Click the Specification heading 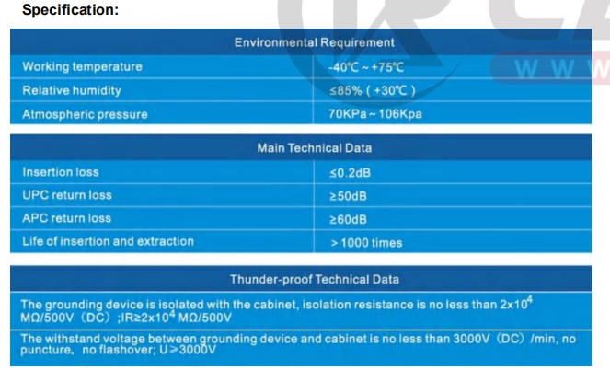[x=71, y=10]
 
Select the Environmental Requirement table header [x=315, y=42]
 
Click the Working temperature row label [x=82, y=66]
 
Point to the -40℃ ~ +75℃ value [x=366, y=67]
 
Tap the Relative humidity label [x=72, y=90]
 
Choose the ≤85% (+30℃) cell [x=373, y=91]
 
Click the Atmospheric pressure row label [x=85, y=114]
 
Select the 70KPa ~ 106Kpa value [x=375, y=114]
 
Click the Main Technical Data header [x=315, y=148]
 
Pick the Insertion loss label [x=61, y=172]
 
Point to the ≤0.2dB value [x=351, y=173]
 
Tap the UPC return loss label [x=67, y=195]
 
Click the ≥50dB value [x=348, y=196]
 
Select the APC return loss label [x=66, y=218]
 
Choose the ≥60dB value [x=348, y=219]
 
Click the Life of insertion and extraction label [x=108, y=241]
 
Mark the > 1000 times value [x=366, y=243]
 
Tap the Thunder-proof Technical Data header [x=315, y=279]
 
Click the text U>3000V [x=188, y=349]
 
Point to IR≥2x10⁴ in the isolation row [x=148, y=317]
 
